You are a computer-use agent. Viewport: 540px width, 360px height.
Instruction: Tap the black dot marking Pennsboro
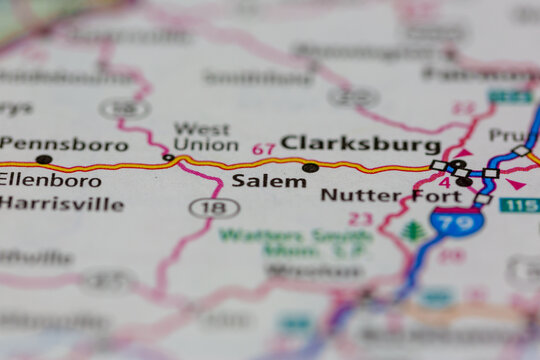(44, 159)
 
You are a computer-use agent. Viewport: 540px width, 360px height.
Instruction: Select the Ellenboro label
(50, 180)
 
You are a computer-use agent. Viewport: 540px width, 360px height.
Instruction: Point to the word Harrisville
(62, 204)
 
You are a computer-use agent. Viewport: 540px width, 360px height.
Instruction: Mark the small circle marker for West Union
(168, 157)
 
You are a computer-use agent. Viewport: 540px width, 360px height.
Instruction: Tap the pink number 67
(263, 149)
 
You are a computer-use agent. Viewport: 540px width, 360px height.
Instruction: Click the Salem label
(269, 182)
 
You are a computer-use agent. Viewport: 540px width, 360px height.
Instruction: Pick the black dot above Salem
(310, 167)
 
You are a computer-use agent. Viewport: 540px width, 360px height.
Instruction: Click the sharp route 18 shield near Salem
(214, 208)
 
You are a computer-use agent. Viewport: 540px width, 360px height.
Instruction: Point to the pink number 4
(444, 182)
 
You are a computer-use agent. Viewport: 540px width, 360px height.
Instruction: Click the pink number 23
(360, 219)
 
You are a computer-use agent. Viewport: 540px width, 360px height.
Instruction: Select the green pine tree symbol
(413, 231)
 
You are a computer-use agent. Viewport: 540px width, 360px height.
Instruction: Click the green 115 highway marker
(519, 205)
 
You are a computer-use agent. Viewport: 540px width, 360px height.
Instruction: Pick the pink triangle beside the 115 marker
(515, 184)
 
